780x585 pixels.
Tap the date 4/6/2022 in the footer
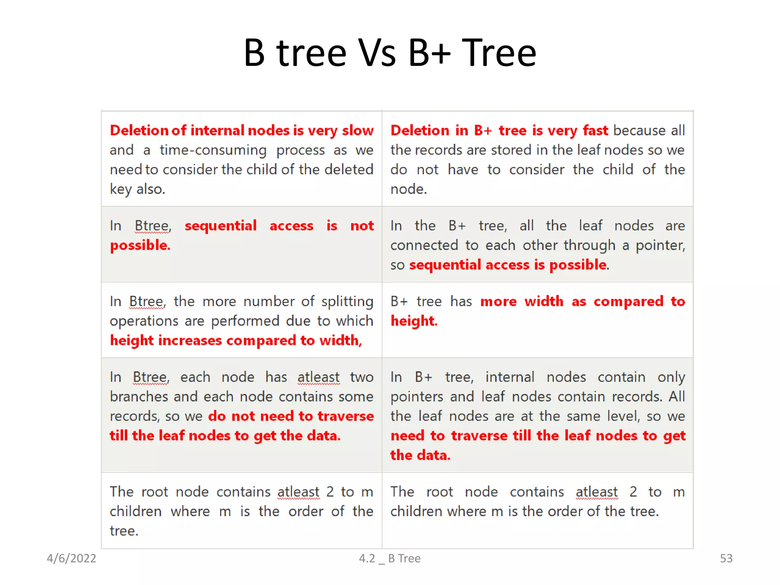click(x=71, y=558)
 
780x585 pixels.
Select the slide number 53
click(x=726, y=558)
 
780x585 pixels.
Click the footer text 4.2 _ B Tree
click(x=390, y=558)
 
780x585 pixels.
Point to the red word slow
click(x=358, y=131)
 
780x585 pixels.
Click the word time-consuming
click(x=213, y=150)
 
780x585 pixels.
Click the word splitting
click(x=347, y=302)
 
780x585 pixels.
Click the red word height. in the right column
click(x=414, y=321)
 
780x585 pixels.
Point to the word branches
click(x=139, y=397)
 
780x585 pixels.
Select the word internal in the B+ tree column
click(x=510, y=377)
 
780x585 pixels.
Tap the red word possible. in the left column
click(x=140, y=246)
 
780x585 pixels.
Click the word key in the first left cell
click(x=120, y=189)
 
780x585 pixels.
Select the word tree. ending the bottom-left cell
click(x=124, y=531)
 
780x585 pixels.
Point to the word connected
click(x=424, y=246)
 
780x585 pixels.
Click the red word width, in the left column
click(x=340, y=340)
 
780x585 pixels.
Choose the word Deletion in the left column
click(x=139, y=131)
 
